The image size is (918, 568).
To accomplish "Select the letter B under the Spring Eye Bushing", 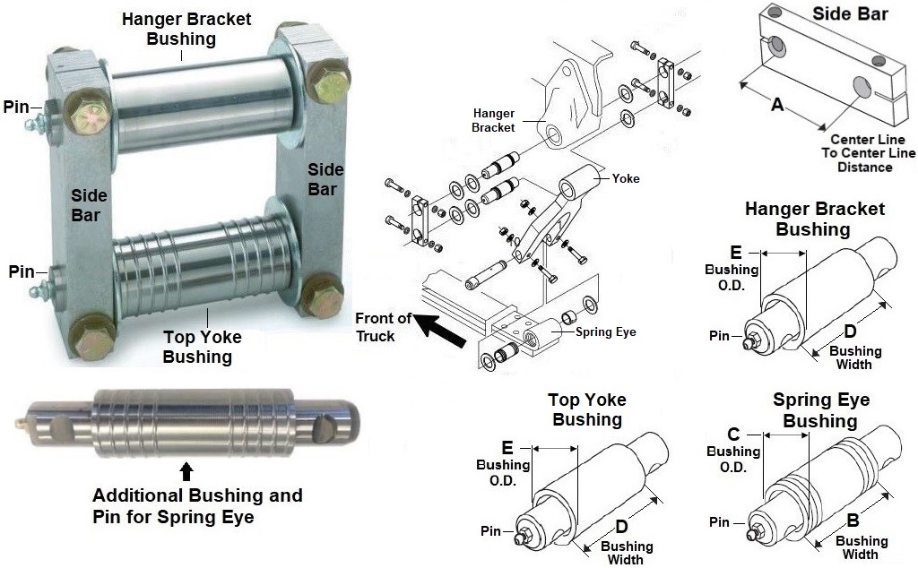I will click(853, 521).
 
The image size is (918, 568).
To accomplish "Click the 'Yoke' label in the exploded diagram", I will click(626, 178).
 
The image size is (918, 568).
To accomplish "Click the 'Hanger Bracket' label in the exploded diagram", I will click(494, 120).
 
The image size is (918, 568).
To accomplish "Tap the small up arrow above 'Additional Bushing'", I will click(186, 471).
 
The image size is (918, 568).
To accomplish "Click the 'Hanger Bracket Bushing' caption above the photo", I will click(186, 28).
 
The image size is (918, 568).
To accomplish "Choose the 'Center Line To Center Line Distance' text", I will click(866, 153).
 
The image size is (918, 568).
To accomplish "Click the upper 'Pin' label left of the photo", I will click(16, 107).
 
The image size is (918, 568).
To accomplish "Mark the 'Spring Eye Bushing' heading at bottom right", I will click(820, 410).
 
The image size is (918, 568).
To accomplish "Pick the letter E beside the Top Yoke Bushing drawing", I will click(507, 445).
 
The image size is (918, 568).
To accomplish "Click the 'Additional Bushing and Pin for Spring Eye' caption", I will click(197, 506).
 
